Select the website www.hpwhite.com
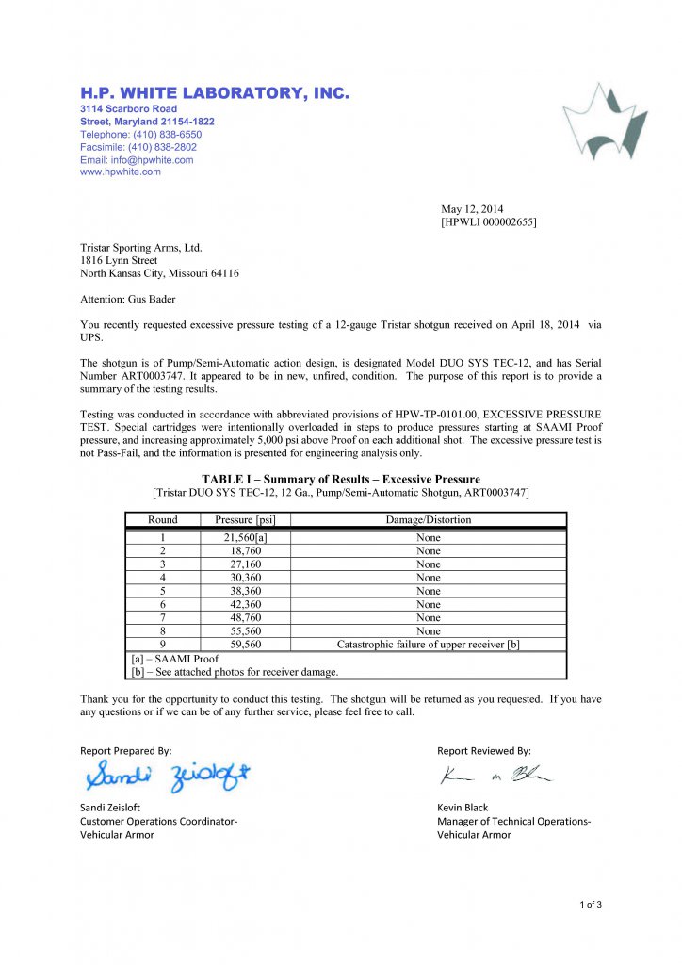[x=121, y=172]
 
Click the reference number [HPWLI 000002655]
[x=489, y=222]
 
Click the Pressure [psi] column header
[x=252, y=519]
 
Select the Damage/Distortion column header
[x=429, y=519]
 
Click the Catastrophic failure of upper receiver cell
[x=429, y=645]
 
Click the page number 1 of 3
[x=591, y=906]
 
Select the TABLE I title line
[x=341, y=480]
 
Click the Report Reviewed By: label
[x=484, y=751]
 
